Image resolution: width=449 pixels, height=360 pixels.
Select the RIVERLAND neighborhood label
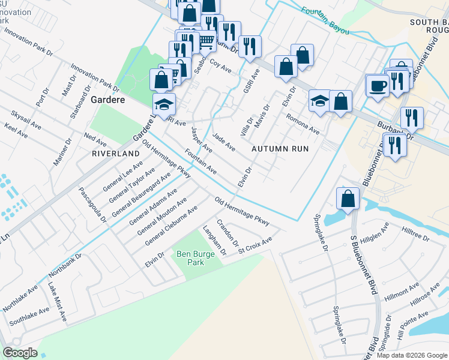click(x=115, y=154)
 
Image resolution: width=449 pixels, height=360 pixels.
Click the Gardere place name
click(x=107, y=100)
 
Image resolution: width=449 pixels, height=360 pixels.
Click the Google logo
click(x=20, y=353)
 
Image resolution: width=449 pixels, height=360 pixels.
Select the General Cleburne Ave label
click(x=171, y=226)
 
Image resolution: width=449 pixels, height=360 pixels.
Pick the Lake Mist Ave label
click(x=57, y=306)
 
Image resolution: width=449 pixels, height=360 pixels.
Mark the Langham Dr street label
click(x=214, y=242)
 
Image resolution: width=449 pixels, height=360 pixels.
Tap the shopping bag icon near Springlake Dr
click(x=348, y=198)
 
